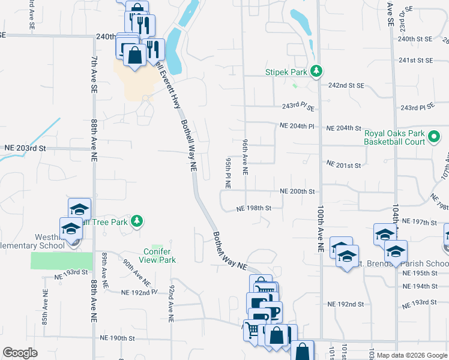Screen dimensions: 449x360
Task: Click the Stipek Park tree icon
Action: tap(316, 72)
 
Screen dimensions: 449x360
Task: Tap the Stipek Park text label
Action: tap(286, 72)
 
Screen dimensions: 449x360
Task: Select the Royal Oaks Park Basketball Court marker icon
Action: tap(435, 140)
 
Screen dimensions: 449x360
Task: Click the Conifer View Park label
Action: tap(159, 256)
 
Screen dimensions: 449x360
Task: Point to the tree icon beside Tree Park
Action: tap(137, 221)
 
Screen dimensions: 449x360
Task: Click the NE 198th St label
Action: tap(255, 208)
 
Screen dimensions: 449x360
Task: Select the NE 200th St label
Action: tap(297, 191)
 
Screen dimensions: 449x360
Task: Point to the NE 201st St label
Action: tap(343, 164)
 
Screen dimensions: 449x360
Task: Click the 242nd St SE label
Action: tap(346, 85)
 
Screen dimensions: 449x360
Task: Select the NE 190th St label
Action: tap(114, 338)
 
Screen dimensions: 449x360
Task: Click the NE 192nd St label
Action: tap(344, 304)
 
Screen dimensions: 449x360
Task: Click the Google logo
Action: tap(20, 353)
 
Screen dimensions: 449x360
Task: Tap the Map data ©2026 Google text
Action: tap(412, 355)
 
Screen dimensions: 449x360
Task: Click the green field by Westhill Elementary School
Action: tap(62, 260)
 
